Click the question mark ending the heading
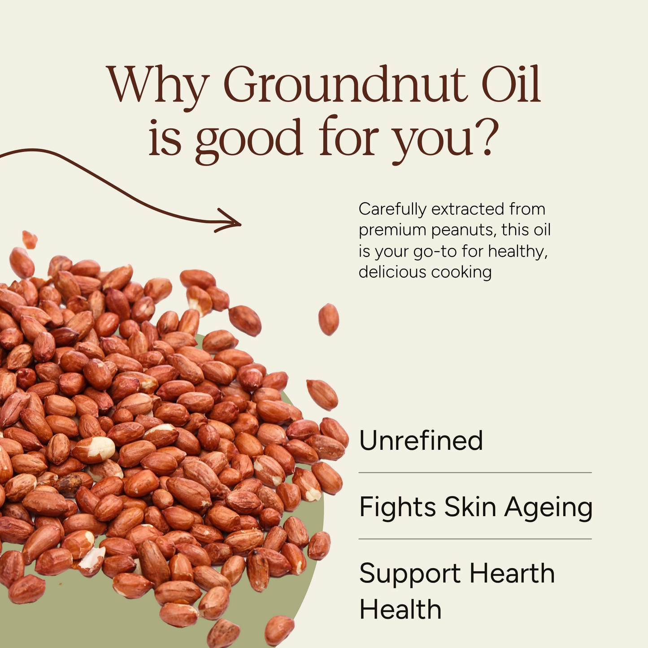[x=486, y=137]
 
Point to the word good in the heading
[x=248, y=139]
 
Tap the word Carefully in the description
[x=392, y=209]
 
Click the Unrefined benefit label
[x=421, y=440]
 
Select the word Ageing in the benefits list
[x=548, y=508]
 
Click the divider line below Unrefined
[x=475, y=473]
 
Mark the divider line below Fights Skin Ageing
[x=475, y=539]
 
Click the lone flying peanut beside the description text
[x=328, y=319]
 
